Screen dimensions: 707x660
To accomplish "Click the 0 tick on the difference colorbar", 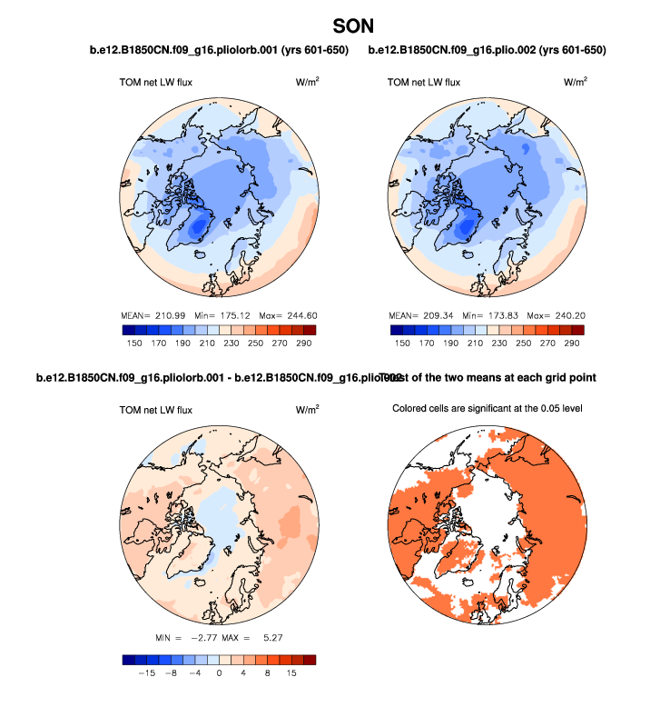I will click(x=219, y=674).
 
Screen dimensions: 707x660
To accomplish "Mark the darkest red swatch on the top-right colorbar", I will click(x=576, y=330).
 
